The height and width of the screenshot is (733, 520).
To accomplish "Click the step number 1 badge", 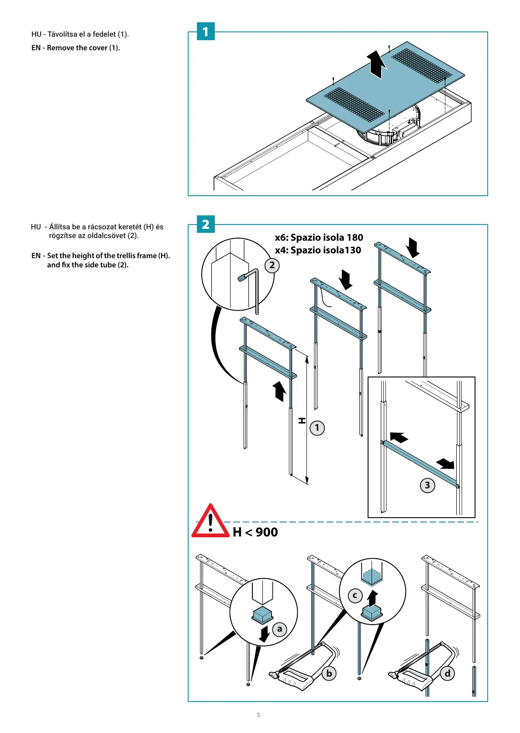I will (206, 31).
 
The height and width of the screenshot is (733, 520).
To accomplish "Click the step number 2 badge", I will (206, 224).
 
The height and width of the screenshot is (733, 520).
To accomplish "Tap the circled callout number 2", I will (272, 265).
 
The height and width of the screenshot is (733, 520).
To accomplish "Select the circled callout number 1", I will (317, 428).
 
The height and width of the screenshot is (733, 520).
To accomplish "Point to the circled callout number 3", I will (427, 485).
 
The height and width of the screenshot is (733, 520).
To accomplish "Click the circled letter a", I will (279, 629).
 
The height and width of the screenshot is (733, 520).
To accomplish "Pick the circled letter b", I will (329, 673).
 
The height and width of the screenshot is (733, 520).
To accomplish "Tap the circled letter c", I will (355, 595).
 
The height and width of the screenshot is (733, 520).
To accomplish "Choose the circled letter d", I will (448, 673).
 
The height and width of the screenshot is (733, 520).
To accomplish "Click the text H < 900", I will (255, 532).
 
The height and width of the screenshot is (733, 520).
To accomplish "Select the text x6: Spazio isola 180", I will (319, 237).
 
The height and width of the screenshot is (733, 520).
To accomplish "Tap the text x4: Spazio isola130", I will (318, 250).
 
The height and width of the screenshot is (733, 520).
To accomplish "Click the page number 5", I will (258, 715).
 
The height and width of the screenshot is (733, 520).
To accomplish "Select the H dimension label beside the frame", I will (302, 420).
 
